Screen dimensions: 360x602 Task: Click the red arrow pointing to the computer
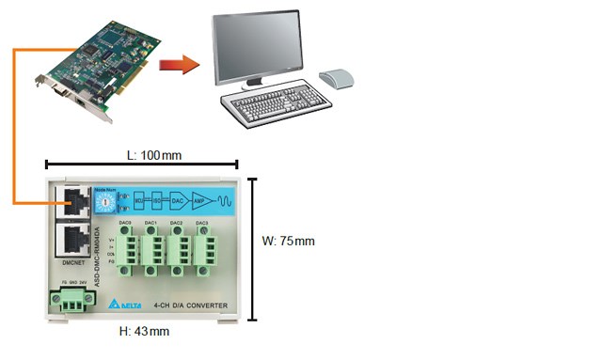[x=179, y=64]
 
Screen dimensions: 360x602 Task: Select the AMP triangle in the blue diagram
[x=199, y=200]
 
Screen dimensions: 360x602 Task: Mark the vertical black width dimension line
[x=251, y=249]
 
